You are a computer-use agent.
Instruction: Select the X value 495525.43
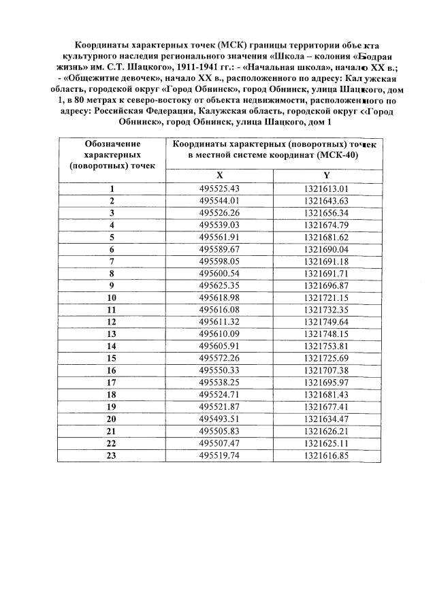(220, 189)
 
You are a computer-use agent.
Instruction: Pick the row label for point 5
(112, 237)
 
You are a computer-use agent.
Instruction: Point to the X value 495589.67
(220, 249)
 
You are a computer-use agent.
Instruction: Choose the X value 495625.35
(220, 285)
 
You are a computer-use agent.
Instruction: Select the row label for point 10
(112, 297)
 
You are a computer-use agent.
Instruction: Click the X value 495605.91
(220, 346)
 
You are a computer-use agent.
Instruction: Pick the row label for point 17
(112, 383)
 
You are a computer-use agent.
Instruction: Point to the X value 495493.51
(220, 419)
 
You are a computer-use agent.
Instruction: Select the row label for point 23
(112, 455)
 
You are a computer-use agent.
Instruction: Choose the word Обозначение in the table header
(112, 144)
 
